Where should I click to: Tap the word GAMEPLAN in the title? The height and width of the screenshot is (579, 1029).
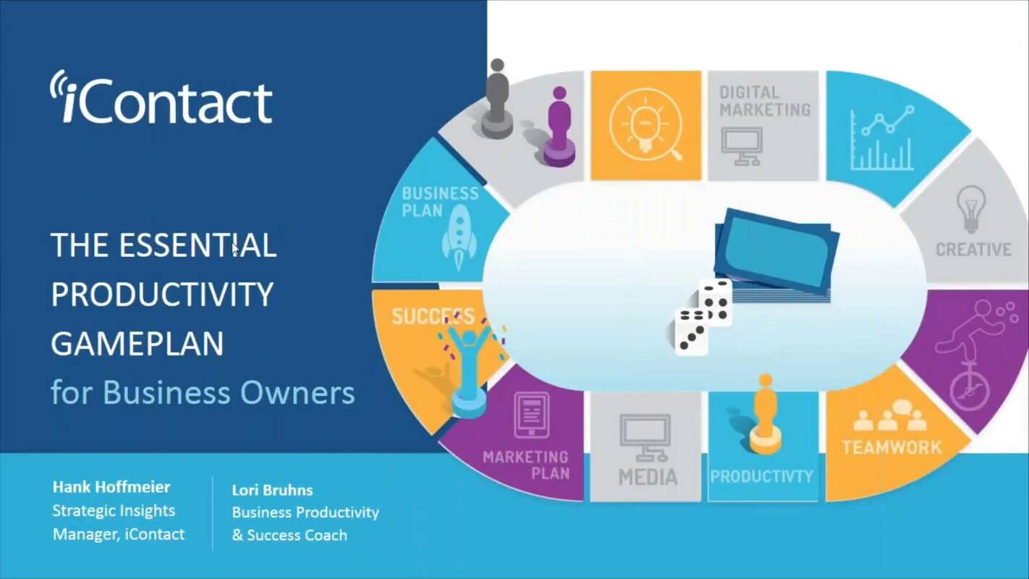coord(137,343)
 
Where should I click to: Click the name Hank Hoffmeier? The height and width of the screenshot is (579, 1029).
coord(111,486)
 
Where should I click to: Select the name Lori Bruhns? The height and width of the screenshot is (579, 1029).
coord(272,490)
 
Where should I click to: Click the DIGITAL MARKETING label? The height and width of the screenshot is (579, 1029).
coord(764,101)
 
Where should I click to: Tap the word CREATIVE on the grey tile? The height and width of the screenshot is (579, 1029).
coord(973,250)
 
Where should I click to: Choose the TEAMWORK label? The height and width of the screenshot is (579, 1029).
coord(892,447)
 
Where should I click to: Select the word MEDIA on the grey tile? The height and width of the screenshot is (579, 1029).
coord(648,477)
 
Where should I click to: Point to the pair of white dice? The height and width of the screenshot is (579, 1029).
coord(703,316)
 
